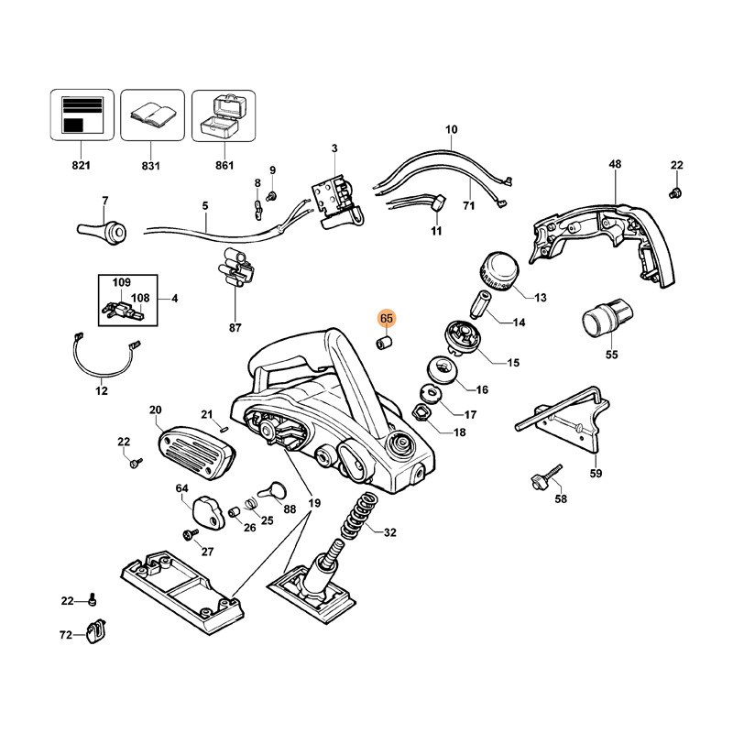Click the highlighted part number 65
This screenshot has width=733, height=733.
[386, 318]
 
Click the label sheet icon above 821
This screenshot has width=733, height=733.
[81, 115]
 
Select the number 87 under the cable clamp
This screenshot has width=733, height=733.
[235, 328]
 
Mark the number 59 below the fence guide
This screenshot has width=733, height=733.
[596, 475]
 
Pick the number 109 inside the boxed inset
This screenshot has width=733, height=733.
[122, 282]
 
